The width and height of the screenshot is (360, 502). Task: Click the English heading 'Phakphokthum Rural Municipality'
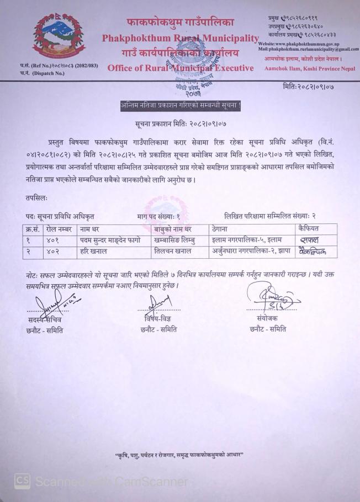(x=180, y=39)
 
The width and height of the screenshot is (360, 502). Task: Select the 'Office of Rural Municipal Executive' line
(x=180, y=68)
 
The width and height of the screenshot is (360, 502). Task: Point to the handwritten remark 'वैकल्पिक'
(x=313, y=252)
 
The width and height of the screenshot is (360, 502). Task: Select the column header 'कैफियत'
(x=311, y=228)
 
